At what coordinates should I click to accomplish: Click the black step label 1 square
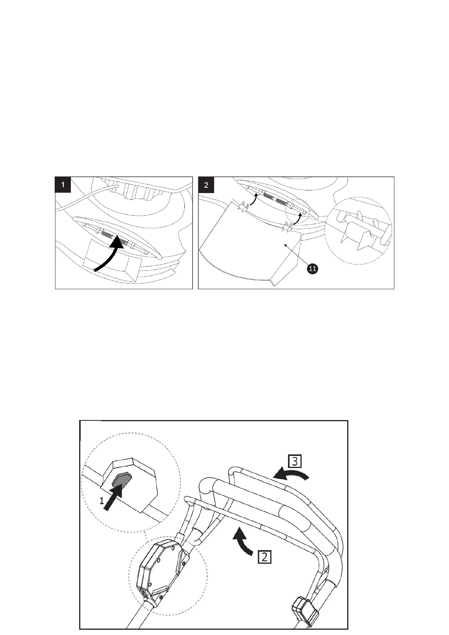click(x=63, y=185)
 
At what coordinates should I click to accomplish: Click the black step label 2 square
click(x=206, y=185)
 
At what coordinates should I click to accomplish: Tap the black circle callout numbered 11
click(x=313, y=269)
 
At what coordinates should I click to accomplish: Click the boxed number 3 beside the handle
click(x=295, y=461)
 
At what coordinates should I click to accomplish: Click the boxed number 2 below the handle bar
click(x=265, y=557)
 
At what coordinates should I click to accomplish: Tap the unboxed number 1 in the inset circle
click(x=101, y=501)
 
